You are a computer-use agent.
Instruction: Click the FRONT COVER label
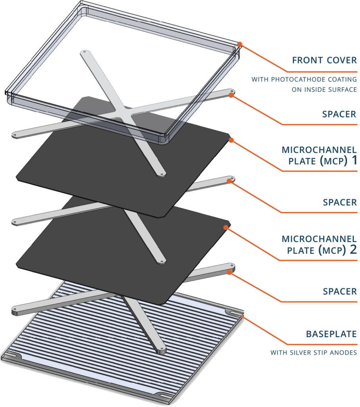point(324,60)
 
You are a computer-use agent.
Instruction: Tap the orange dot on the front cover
point(240,44)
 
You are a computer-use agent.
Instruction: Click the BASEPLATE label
point(331,334)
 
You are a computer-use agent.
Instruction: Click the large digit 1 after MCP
point(352,161)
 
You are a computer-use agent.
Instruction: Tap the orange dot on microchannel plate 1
point(231,140)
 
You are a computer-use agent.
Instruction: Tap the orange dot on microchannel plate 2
point(226,227)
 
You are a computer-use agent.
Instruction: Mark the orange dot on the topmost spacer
point(232,95)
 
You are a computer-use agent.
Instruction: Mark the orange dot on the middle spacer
point(229,182)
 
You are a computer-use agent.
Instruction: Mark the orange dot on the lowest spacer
point(229,272)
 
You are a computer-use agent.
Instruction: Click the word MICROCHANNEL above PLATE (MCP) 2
point(319,239)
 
